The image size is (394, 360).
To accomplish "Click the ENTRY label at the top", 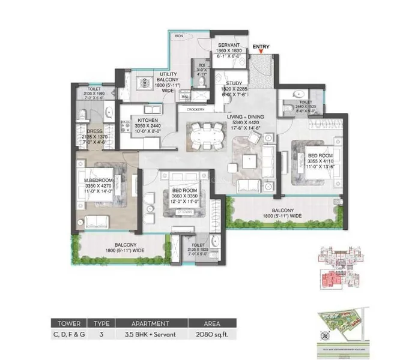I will point(261,46).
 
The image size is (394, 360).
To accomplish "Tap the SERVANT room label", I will point(229,46).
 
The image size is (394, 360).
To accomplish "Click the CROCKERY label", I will point(196,109).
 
